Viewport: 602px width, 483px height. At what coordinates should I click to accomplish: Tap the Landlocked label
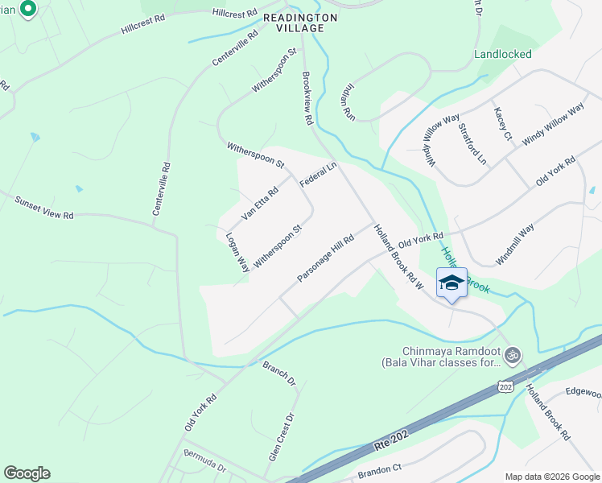[503, 55]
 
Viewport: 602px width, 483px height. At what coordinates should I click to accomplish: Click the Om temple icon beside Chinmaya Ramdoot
[513, 354]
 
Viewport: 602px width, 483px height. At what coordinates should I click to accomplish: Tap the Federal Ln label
[317, 175]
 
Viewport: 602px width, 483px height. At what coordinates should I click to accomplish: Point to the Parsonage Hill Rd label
[326, 258]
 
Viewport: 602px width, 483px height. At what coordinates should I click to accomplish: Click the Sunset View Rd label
[44, 206]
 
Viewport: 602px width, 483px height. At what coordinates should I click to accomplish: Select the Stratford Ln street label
[472, 143]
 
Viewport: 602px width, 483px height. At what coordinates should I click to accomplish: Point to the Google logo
[27, 473]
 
